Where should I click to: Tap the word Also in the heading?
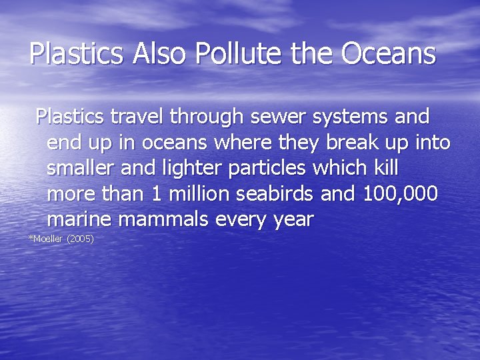(161, 53)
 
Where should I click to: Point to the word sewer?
(279, 117)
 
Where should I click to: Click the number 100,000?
(401, 194)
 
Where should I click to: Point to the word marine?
(79, 219)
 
